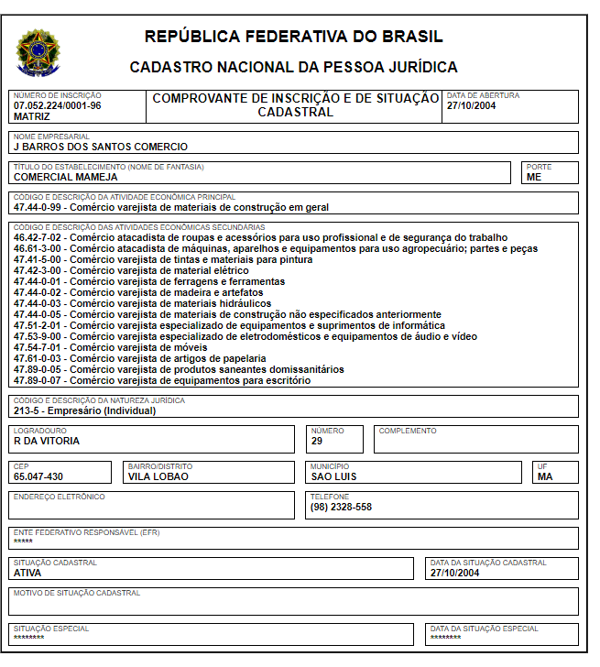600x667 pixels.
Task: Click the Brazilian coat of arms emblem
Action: (37, 51)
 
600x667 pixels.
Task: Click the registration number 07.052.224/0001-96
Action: (57, 105)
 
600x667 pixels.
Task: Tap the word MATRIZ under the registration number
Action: (32, 116)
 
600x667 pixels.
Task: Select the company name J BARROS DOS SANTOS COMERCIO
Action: (100, 147)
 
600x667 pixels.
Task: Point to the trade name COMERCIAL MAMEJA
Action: (65, 178)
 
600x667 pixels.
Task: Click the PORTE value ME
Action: (534, 178)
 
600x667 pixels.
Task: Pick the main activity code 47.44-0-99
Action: (38, 207)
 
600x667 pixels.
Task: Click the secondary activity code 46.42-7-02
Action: (38, 237)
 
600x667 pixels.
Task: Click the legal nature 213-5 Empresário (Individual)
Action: (84, 410)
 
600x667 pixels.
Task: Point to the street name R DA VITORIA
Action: (47, 441)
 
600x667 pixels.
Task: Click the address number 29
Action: (316, 441)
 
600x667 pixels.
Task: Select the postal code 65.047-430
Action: (38, 476)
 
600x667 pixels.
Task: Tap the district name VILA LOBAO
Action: (158, 476)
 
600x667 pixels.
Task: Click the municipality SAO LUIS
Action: (334, 476)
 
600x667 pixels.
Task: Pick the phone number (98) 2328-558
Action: (341, 507)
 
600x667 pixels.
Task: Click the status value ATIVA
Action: (27, 573)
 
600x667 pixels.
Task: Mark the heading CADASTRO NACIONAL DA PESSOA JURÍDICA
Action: (293, 68)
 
